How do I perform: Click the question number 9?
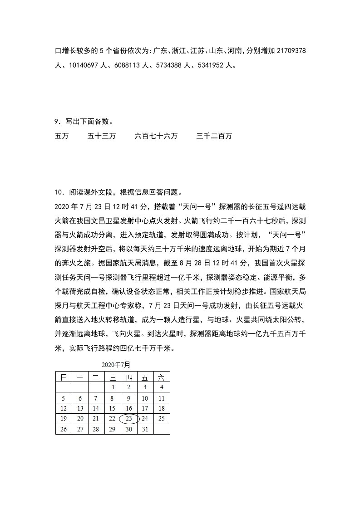tap(57, 122)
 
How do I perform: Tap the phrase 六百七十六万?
tap(156, 136)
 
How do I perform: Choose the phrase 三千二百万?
tap(214, 136)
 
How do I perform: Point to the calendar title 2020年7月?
tap(116, 365)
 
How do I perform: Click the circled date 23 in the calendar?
tap(128, 419)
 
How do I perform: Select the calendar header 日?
tap(64, 377)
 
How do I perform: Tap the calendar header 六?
tap(161, 377)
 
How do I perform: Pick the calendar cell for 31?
tap(145, 430)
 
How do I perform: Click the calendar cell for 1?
tap(112, 387)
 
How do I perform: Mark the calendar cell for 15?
tap(112, 408)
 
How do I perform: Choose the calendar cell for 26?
tap(64, 430)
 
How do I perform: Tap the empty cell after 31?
tap(161, 430)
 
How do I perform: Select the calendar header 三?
tap(112, 377)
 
